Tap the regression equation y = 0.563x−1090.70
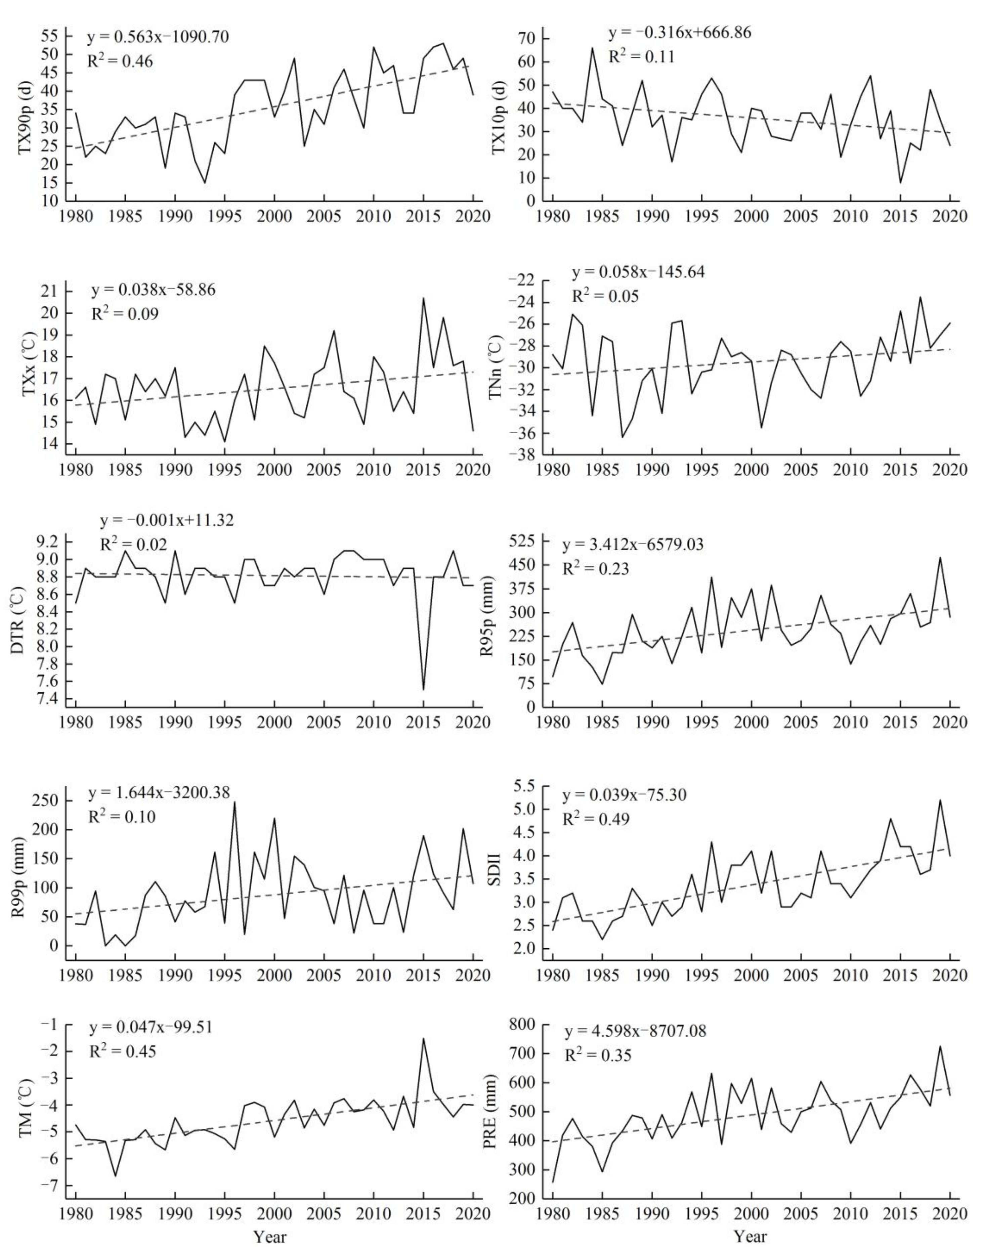(x=158, y=38)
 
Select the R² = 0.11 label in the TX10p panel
(x=641, y=56)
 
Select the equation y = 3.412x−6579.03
(x=633, y=545)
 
